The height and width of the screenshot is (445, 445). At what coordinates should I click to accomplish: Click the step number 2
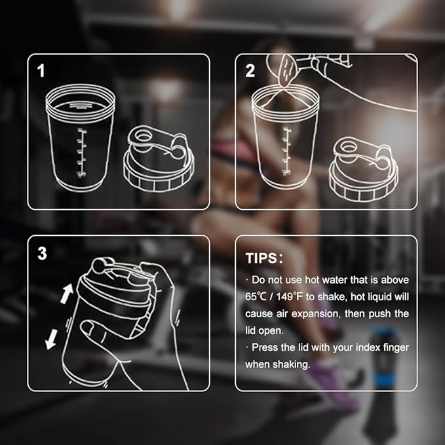(250, 71)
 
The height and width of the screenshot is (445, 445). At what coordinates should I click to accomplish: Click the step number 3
(42, 253)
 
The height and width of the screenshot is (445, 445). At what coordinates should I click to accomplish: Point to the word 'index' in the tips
(355, 347)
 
